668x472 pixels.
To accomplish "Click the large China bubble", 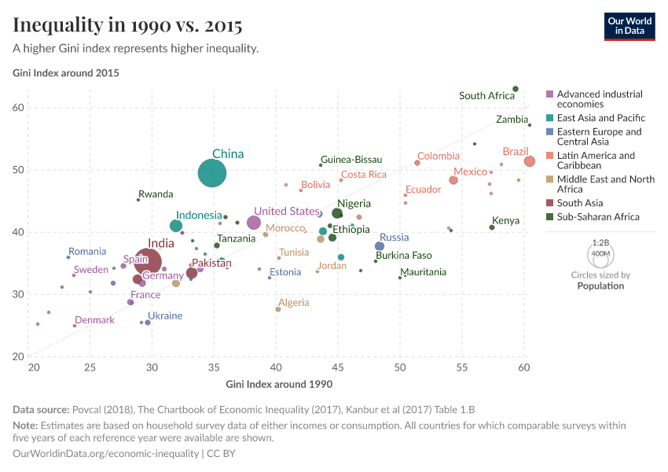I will [x=212, y=173].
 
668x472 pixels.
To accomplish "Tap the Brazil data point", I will [x=530, y=161].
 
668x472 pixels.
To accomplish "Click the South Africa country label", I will [x=486, y=96].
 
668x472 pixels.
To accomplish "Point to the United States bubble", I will [x=254, y=223].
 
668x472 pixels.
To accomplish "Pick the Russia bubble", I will [x=380, y=246].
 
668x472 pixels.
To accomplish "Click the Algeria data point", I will [x=278, y=309].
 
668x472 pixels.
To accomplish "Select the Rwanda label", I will [x=156, y=194].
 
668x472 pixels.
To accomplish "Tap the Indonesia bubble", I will [x=176, y=226].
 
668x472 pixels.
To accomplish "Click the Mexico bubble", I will [x=453, y=180].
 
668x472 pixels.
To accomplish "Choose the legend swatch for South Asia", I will [x=550, y=203].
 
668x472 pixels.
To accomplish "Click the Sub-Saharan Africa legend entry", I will [x=598, y=216].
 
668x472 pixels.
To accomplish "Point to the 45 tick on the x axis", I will [x=338, y=367].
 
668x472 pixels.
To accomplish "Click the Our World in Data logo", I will [x=629, y=26].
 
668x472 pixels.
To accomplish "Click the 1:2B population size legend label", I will [x=600, y=244].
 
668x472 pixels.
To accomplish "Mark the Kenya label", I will [x=505, y=221].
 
